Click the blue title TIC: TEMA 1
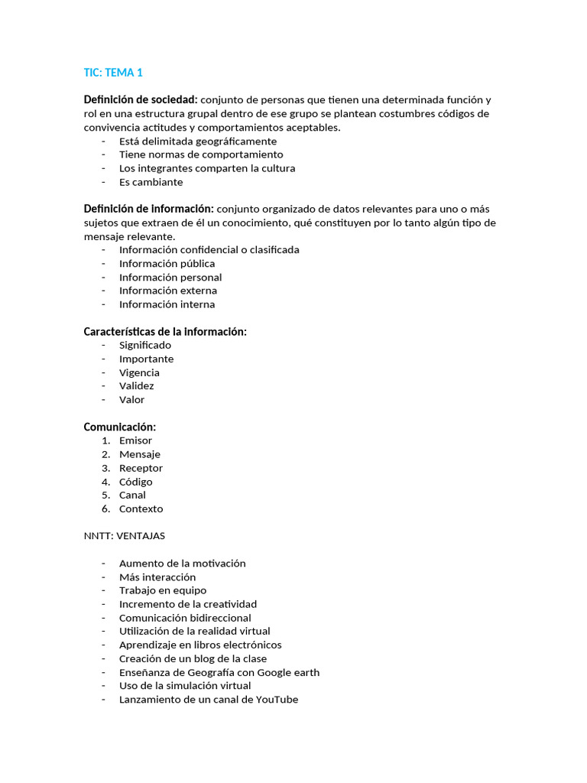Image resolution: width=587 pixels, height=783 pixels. pos(113,73)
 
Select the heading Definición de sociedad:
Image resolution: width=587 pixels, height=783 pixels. pos(141,99)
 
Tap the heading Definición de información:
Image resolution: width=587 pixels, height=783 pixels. pos(148,209)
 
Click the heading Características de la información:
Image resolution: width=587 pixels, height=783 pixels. pos(165,331)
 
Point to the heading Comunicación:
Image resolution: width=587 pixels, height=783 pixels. pos(119,427)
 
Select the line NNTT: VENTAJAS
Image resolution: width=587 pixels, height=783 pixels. pos(124,535)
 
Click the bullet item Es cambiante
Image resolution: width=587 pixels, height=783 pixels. pos(151,182)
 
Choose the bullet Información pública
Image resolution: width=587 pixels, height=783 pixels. pos(167,263)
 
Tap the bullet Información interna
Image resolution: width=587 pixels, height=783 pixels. pos(167,304)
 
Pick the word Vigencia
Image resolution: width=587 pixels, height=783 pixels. pos(139,372)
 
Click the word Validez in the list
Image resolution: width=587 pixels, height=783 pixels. pos(136,386)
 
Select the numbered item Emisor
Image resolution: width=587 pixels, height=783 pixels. pos(135,440)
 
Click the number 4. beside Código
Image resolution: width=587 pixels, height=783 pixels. pos(105,482)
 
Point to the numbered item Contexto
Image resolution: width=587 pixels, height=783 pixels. pos(141,508)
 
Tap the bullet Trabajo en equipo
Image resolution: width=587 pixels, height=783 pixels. pos(162,590)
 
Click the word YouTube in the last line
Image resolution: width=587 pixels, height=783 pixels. pos(277,700)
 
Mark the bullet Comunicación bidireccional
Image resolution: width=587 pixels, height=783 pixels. pos(185,618)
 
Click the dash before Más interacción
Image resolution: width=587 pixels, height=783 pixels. pos(103,577)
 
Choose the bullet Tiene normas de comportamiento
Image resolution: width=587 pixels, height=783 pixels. pos(201,154)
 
